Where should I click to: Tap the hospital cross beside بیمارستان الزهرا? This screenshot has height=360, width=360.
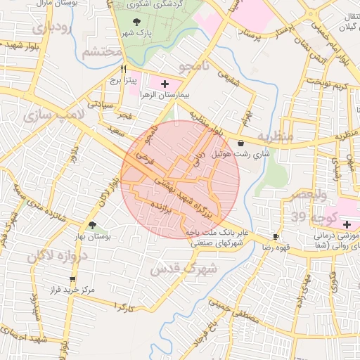165,84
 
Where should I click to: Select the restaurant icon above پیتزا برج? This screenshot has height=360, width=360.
124,70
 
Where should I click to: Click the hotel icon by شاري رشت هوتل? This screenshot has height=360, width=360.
242,143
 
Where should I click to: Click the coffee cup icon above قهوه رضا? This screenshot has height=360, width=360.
276,236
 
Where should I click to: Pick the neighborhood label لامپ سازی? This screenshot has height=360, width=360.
53,117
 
